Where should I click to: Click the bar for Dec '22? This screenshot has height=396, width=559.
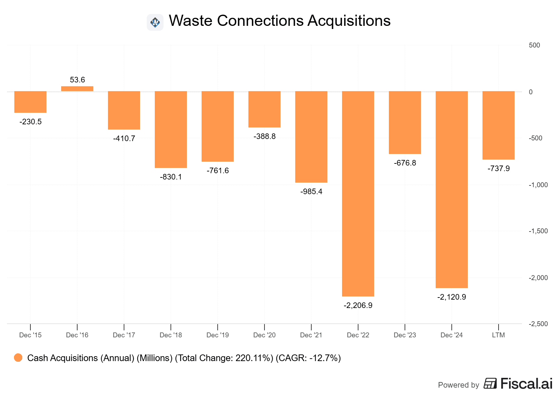(x=358, y=194)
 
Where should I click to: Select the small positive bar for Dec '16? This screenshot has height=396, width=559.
(x=77, y=89)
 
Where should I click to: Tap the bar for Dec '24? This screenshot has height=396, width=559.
(x=451, y=190)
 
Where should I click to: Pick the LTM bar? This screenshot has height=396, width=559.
(x=498, y=125)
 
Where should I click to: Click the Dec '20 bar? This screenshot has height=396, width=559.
(x=264, y=109)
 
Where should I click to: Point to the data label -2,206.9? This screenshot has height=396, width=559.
(x=358, y=306)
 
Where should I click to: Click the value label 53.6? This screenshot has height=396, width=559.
(x=77, y=80)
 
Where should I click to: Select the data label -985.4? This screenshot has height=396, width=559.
(x=311, y=192)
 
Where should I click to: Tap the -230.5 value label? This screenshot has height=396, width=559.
(x=30, y=122)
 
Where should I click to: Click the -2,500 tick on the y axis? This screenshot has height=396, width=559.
(x=538, y=324)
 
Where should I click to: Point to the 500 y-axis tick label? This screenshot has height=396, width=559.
(x=534, y=45)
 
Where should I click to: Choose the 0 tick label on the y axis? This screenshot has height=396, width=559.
(x=531, y=92)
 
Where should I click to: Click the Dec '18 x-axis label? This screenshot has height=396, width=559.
(x=170, y=335)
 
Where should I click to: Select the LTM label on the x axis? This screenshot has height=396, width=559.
(x=498, y=335)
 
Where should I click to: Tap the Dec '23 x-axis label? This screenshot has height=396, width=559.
(x=405, y=335)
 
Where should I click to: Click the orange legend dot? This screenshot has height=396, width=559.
(x=18, y=358)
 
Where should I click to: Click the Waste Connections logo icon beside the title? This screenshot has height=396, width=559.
(x=155, y=22)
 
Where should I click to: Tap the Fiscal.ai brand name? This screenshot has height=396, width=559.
(x=526, y=384)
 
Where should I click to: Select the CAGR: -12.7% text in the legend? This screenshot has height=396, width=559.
(x=308, y=358)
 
